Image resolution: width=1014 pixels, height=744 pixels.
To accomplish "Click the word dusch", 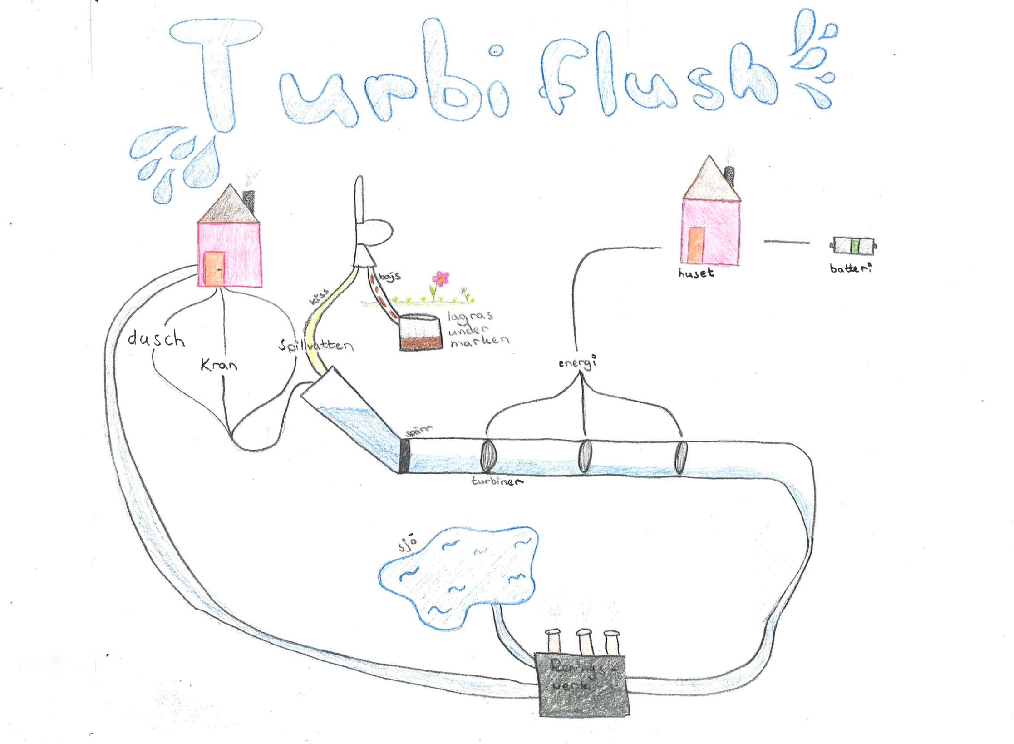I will click(x=156, y=338).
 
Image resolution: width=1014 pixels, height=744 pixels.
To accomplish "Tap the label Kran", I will click(x=219, y=365).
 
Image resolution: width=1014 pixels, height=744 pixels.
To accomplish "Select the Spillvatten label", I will click(x=316, y=346).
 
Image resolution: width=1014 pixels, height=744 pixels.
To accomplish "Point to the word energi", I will click(x=577, y=363).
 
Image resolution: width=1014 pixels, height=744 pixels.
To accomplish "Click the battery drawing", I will click(x=853, y=246).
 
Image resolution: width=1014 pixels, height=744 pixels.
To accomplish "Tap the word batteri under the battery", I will click(x=851, y=268).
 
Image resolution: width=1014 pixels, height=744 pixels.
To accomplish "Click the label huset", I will click(x=696, y=273).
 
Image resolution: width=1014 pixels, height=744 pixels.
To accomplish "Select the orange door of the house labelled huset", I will click(x=696, y=245).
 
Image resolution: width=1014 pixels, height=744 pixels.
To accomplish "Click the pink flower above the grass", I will click(x=440, y=278).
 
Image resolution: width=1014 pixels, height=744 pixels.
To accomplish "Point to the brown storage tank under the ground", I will click(x=421, y=334).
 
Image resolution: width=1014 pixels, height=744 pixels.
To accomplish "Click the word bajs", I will click(x=389, y=276).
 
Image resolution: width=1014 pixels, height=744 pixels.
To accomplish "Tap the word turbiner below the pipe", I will click(x=497, y=481).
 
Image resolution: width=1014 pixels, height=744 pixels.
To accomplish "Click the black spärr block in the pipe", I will click(x=404, y=456).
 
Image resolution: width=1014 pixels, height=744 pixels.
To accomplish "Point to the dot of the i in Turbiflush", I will click(x=497, y=52).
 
